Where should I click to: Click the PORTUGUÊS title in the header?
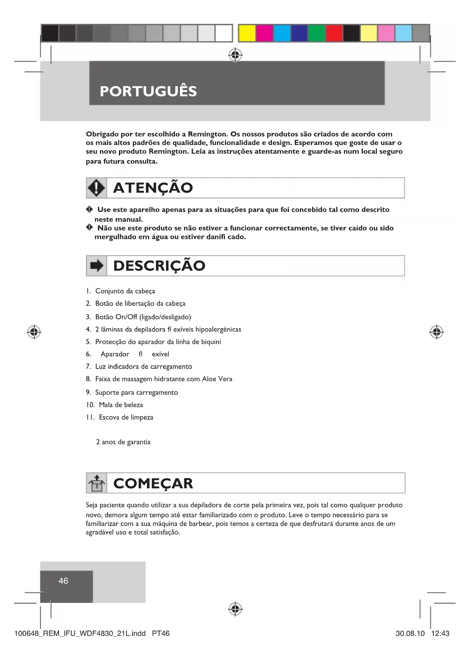148,91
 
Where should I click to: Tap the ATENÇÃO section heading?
153,188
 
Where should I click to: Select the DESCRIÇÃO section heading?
159,266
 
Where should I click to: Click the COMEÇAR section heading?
153,483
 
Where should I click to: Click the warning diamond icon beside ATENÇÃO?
97,188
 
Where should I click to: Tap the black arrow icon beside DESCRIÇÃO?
97,266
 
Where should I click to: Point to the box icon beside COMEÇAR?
97,483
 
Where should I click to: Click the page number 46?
63,581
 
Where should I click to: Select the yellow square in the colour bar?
247,33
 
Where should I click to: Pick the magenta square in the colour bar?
264,33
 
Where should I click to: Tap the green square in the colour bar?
317,33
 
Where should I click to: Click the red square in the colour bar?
334,33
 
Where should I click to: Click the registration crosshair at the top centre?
236,55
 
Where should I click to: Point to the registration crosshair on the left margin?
34,332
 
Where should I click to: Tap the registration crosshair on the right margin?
436,332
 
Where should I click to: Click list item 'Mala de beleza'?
121,405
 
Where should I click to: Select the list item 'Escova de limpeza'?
126,418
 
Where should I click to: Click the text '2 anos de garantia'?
123,442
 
